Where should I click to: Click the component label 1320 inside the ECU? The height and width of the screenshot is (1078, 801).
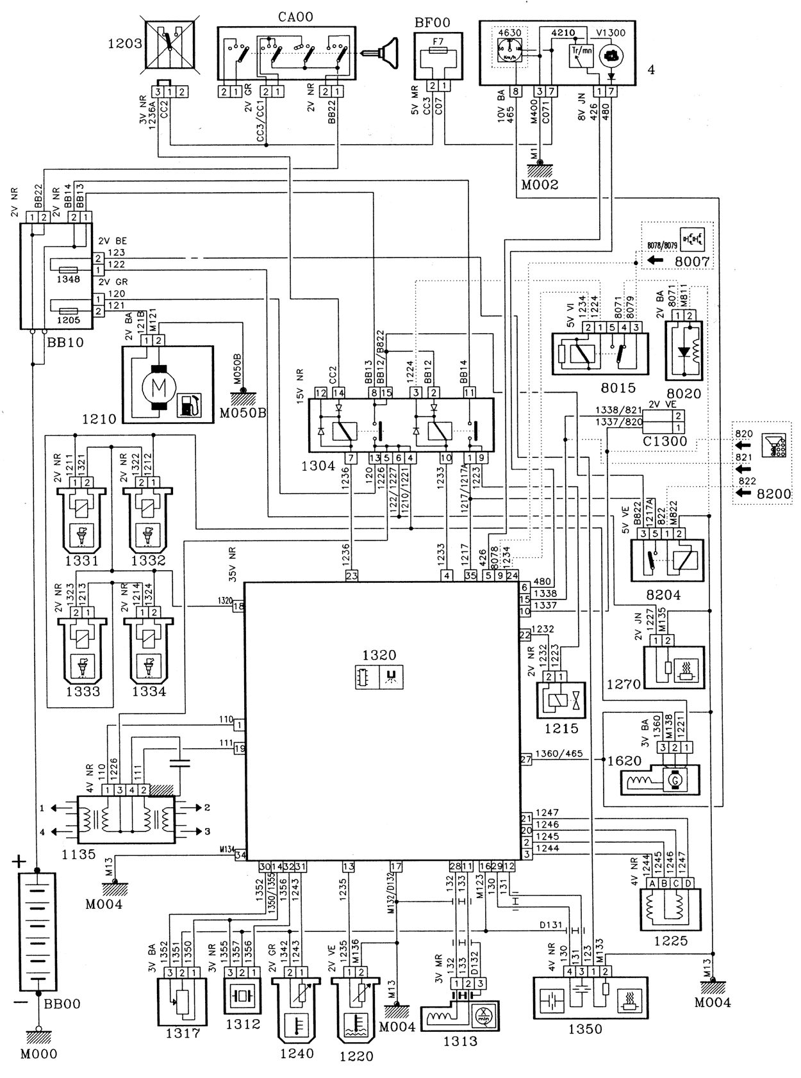point(379,655)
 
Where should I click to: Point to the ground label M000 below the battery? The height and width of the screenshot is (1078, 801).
point(39,1054)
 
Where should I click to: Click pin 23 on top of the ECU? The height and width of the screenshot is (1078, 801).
point(352,576)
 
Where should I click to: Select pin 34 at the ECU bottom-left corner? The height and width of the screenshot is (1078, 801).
point(240,854)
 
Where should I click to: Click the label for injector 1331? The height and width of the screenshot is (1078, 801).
point(83,560)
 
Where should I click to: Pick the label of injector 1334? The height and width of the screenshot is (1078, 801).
point(149,691)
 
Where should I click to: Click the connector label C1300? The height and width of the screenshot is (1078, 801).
point(665,441)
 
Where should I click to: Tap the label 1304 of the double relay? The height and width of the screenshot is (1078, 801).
point(318,466)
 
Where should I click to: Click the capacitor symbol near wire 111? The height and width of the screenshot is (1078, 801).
point(180,762)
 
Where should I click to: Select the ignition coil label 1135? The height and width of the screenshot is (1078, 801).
point(79,854)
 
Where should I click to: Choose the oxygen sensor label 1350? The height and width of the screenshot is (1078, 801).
point(585,1029)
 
